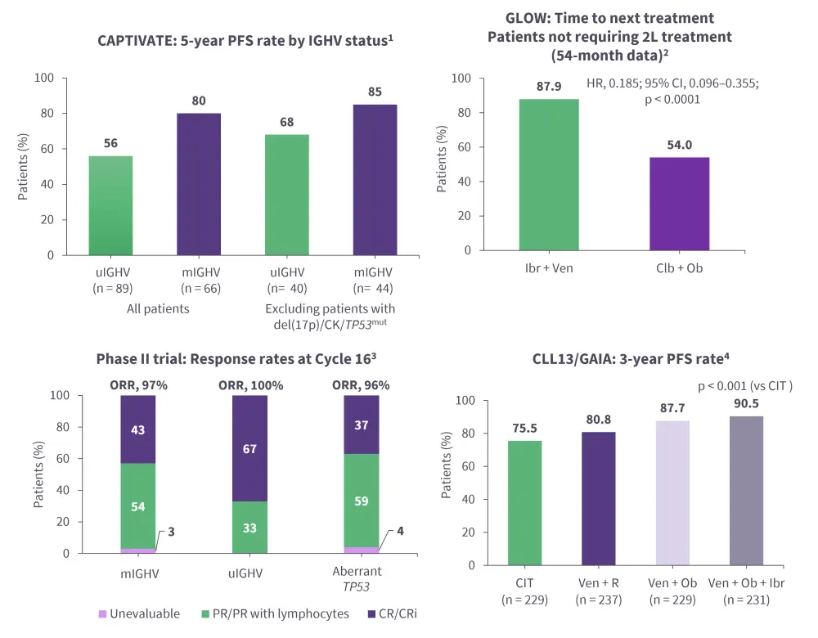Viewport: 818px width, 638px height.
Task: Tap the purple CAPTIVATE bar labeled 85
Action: click(375, 180)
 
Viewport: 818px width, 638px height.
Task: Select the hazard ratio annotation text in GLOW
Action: click(673, 91)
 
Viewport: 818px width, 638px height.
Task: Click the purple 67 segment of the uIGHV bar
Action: click(250, 448)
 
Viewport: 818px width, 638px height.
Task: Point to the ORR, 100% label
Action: click(250, 385)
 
